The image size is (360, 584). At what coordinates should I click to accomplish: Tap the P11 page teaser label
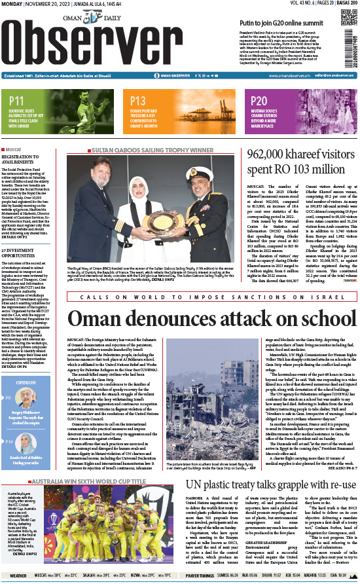pos(18,101)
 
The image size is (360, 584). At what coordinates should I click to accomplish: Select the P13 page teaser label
pos(138,101)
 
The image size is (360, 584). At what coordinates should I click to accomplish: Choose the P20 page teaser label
pos(259,101)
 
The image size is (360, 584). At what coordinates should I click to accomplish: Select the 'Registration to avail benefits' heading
pos(24,160)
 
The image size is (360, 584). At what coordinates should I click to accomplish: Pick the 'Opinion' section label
pos(26,382)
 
